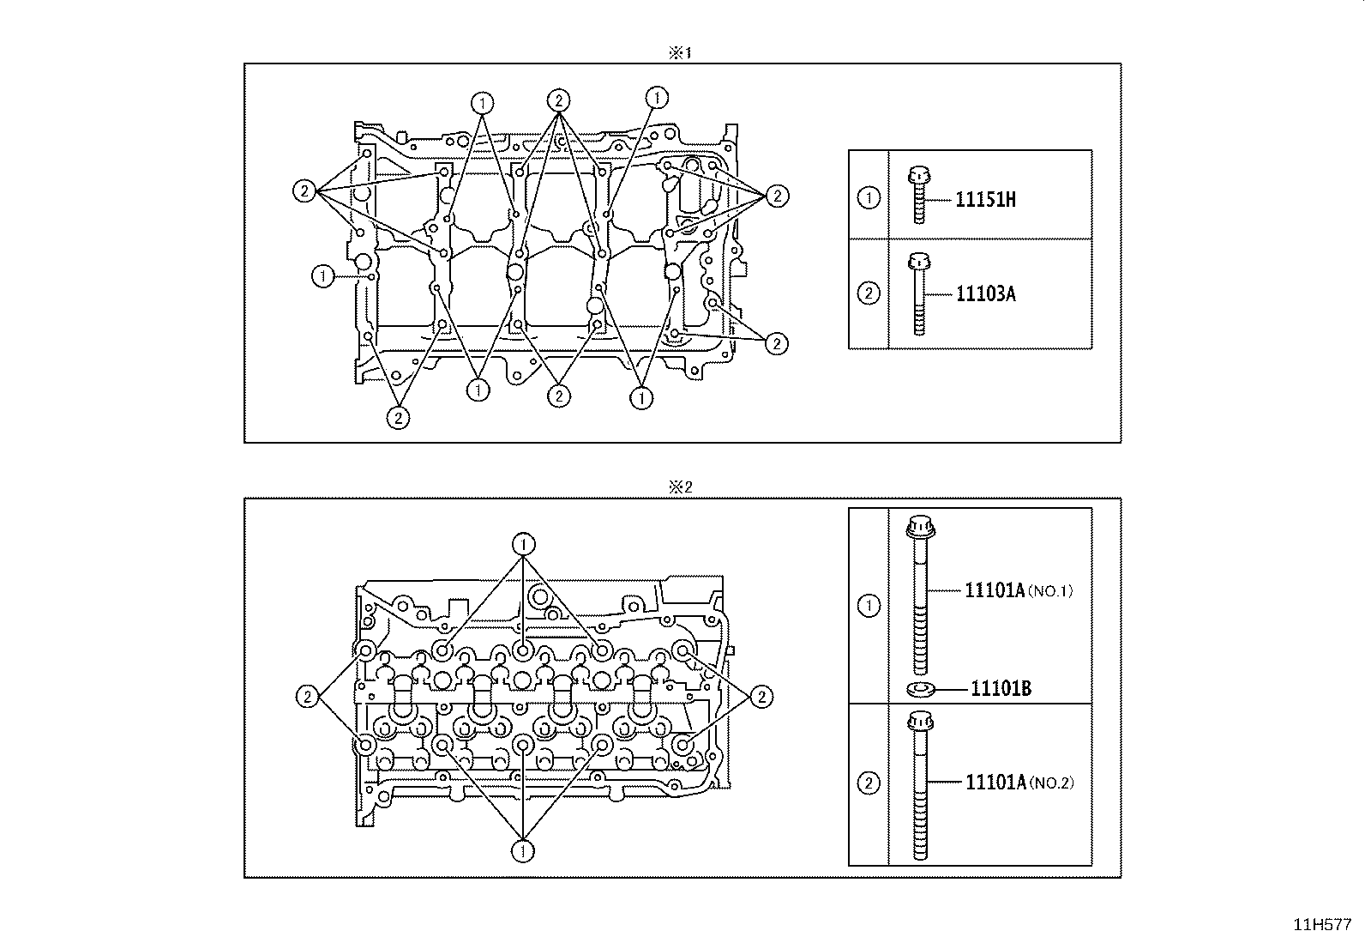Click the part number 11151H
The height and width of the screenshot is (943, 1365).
click(985, 199)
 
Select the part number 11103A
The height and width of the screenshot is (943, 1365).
click(985, 294)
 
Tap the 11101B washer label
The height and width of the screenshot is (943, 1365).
click(1001, 689)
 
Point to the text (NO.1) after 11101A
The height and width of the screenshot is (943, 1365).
click(1050, 591)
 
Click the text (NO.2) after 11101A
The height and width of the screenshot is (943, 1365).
click(1051, 783)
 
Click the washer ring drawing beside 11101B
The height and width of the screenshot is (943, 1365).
click(922, 690)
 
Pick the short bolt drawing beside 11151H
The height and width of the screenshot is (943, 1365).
click(918, 195)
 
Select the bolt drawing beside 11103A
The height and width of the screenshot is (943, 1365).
click(919, 294)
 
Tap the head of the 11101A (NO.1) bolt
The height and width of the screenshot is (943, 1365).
click(921, 528)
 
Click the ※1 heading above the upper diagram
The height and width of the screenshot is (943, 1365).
click(680, 53)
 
